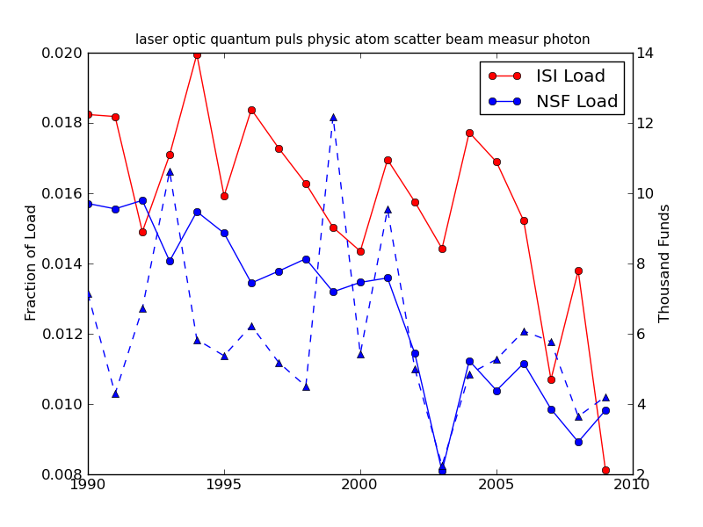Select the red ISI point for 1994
(x=197, y=54)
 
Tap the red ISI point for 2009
(x=605, y=470)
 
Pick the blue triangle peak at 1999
(x=333, y=117)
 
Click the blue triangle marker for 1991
(x=115, y=393)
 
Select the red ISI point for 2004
(x=469, y=133)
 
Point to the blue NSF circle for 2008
(x=578, y=442)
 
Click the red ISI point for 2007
(x=551, y=379)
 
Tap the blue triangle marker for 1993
(x=170, y=171)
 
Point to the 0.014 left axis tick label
(x=63, y=263)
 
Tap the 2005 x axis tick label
(x=496, y=484)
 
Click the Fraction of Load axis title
(x=32, y=263)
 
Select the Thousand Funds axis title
(x=665, y=263)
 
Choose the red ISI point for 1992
(x=142, y=232)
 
